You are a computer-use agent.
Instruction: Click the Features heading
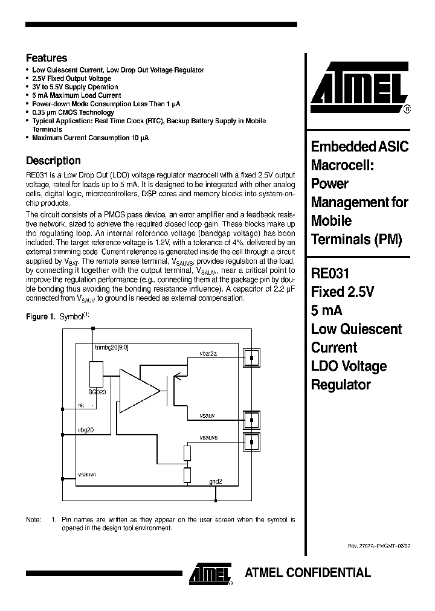(x=47, y=58)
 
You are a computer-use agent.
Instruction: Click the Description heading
(x=53, y=161)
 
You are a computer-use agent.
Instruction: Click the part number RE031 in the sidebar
(x=330, y=272)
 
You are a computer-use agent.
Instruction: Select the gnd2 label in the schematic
(x=216, y=481)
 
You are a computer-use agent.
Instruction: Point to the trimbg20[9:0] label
(x=112, y=347)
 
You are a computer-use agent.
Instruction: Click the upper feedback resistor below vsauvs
(x=187, y=453)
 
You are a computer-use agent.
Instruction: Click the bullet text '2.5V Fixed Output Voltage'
(x=71, y=78)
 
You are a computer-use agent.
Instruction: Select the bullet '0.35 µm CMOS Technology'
(x=73, y=112)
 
